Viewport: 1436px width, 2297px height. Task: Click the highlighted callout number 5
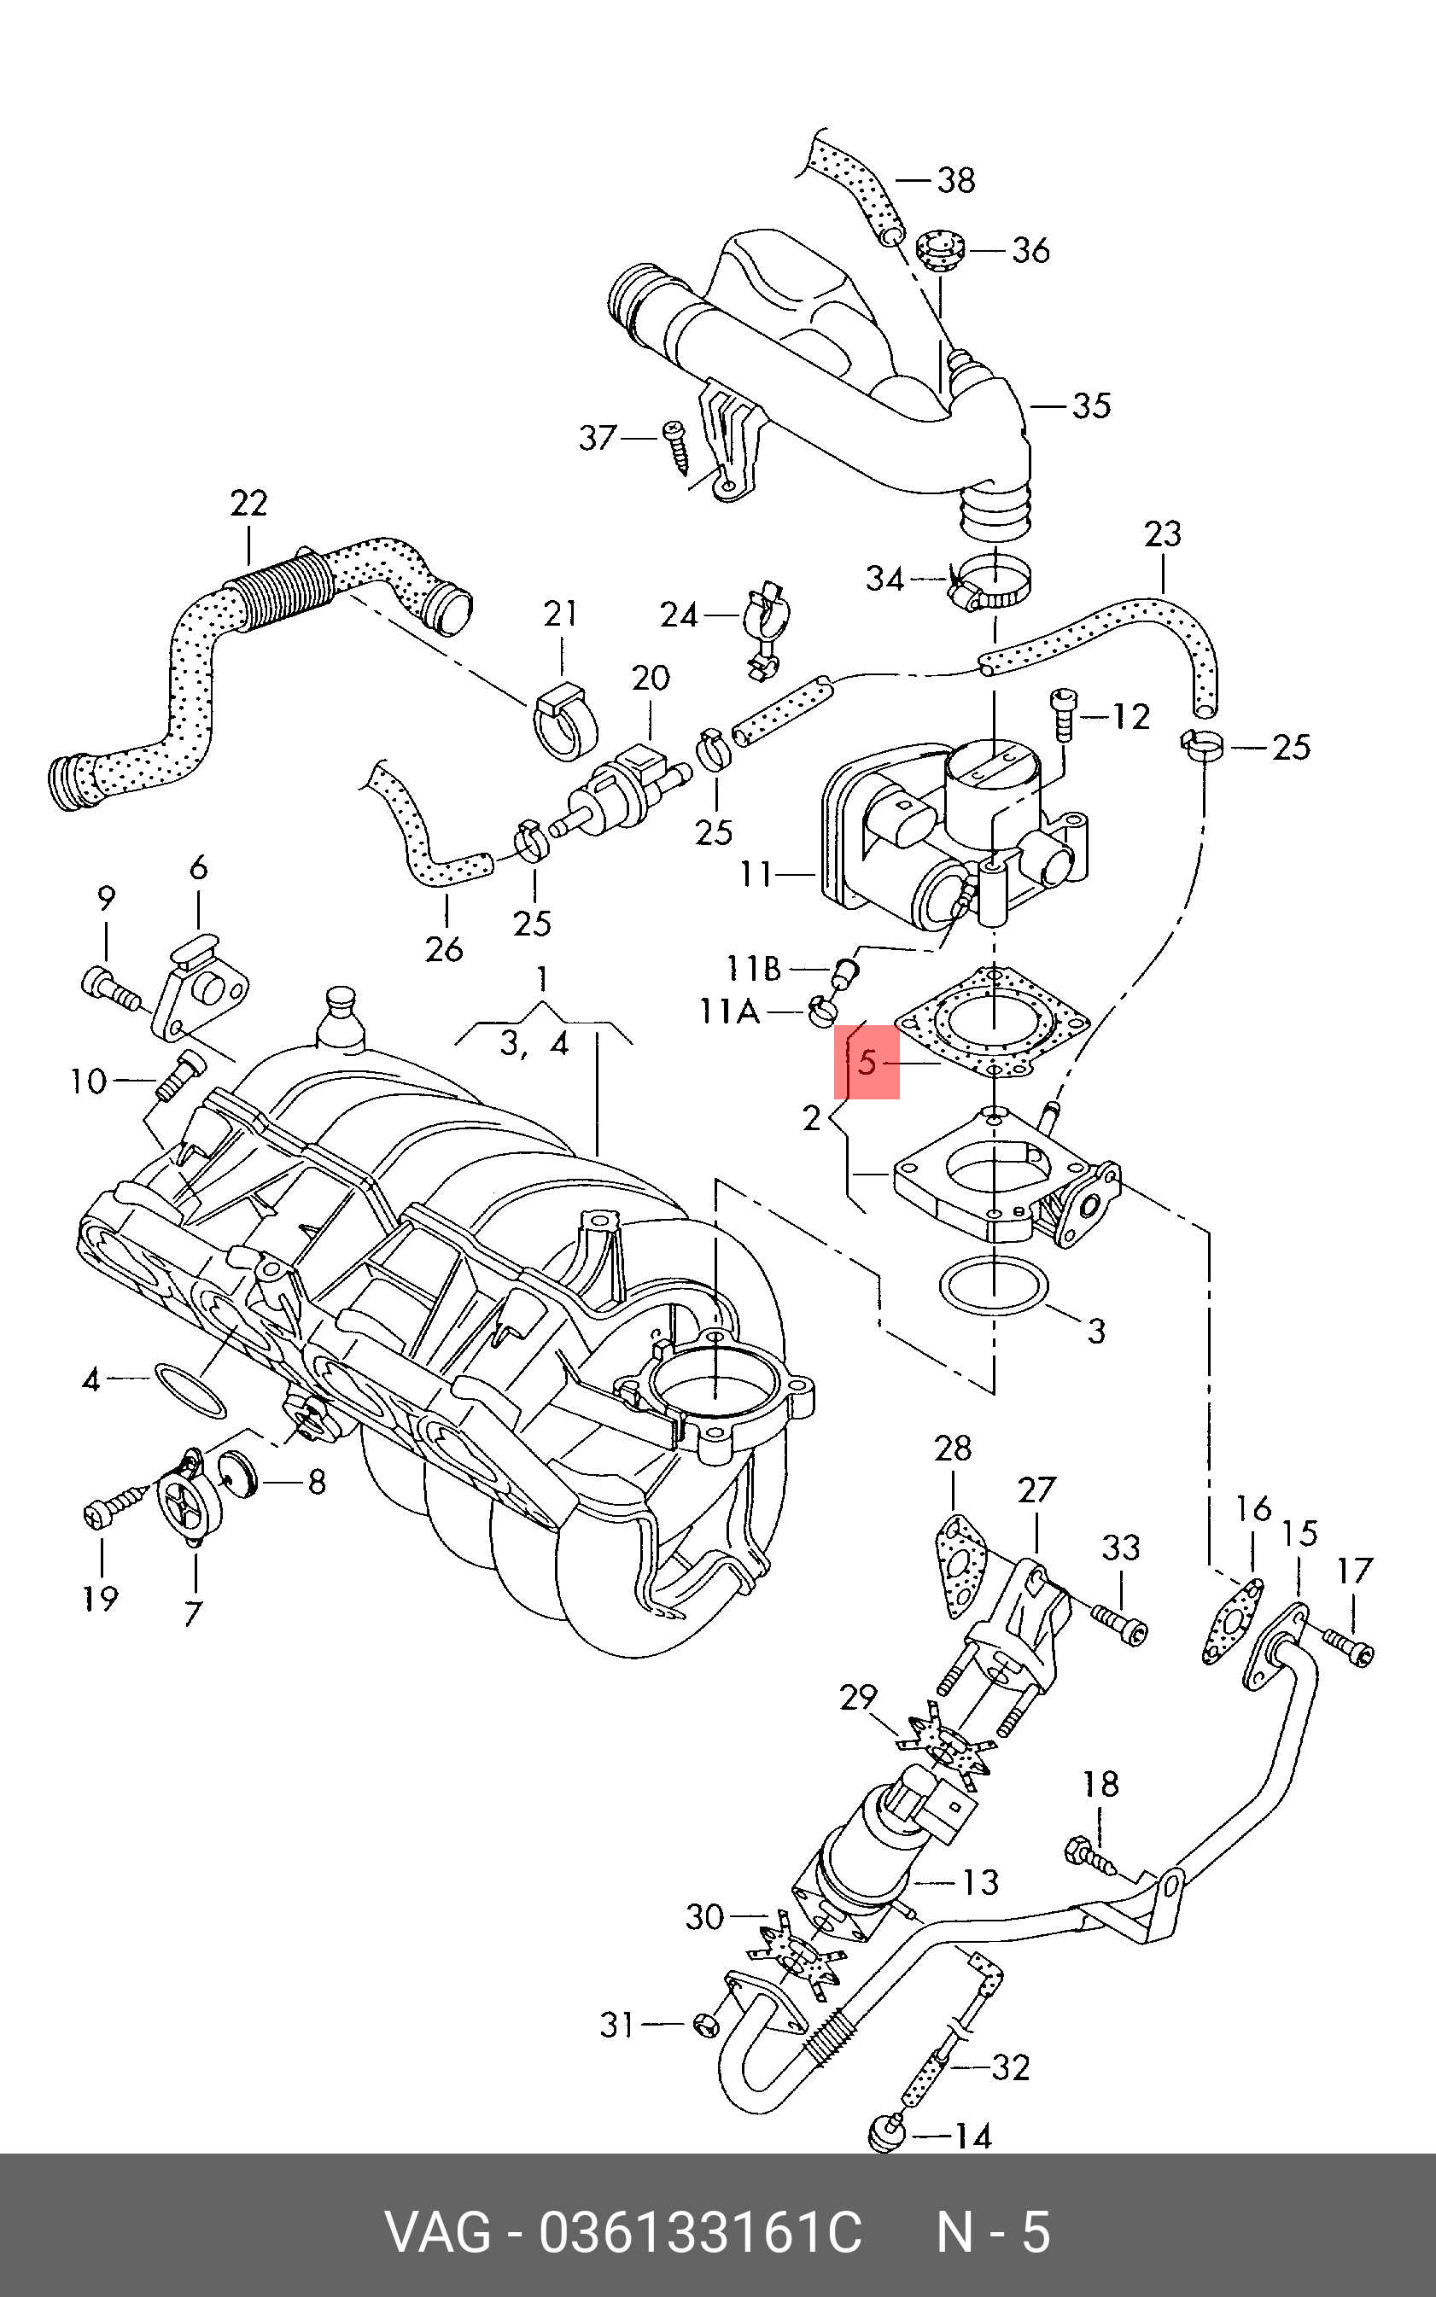(x=867, y=1063)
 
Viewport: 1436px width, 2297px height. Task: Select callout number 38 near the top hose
(x=955, y=179)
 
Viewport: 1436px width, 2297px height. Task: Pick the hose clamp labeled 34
(x=991, y=585)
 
